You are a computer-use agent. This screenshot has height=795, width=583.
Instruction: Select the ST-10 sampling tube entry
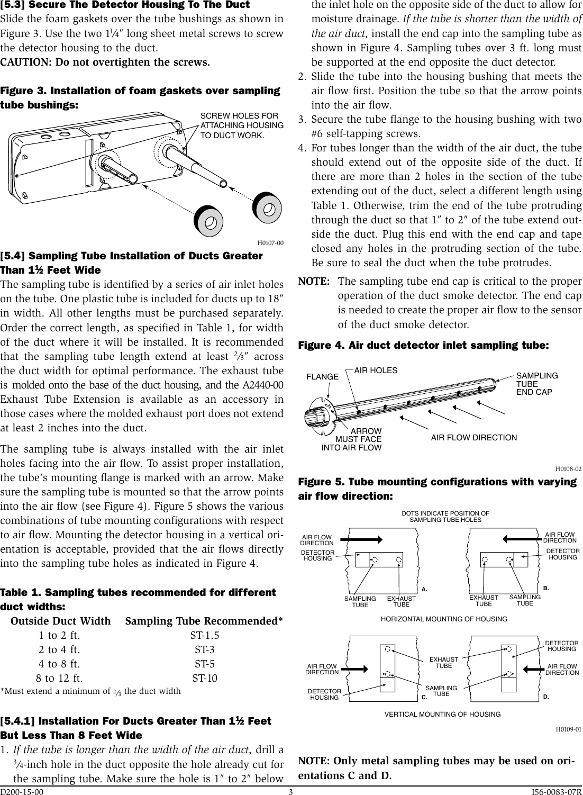tap(204, 678)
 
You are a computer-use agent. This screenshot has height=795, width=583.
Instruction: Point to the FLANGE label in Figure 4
tap(323, 377)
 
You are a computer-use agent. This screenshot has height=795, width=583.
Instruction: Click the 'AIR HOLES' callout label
tap(375, 371)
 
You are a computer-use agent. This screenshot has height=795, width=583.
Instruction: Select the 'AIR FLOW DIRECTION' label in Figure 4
tap(474, 438)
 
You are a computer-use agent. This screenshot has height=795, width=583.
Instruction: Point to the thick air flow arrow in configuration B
tap(521, 539)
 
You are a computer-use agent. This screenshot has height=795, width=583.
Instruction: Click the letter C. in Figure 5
tap(424, 697)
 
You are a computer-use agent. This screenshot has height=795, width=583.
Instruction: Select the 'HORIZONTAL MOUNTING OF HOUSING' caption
tap(444, 619)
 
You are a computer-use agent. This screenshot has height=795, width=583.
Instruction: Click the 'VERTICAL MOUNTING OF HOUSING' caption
tap(442, 714)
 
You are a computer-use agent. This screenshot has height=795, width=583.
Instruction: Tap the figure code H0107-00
tap(270, 243)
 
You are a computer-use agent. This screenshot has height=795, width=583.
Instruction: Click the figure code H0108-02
tap(568, 469)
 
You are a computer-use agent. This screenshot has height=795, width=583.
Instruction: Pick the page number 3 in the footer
tap(291, 791)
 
